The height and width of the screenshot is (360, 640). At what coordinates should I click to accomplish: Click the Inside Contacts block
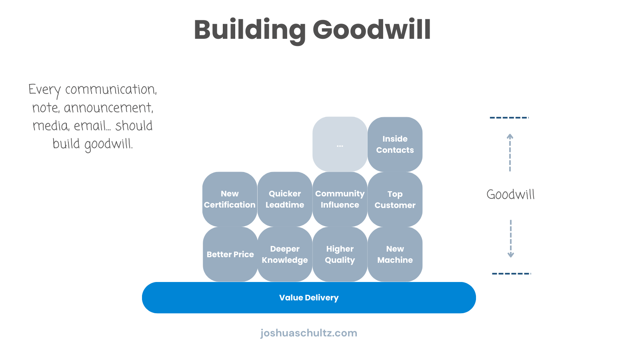pos(395,144)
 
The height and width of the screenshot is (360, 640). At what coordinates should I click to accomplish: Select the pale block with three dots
pos(340,144)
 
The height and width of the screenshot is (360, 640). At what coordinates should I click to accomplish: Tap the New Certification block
pos(230,199)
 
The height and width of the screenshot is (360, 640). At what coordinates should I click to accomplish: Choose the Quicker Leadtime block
pos(285,199)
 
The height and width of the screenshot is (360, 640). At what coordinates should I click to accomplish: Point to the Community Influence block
pos(340,199)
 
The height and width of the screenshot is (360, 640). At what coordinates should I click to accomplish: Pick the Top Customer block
pos(395,199)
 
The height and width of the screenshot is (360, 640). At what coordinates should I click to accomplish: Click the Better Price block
pos(230,254)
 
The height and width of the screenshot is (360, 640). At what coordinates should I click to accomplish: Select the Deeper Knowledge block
pos(285,254)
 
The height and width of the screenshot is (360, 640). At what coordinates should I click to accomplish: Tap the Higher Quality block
pos(340,254)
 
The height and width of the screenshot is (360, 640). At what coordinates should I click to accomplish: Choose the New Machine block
pos(395,254)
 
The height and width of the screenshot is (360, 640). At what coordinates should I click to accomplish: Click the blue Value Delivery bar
pos(309,298)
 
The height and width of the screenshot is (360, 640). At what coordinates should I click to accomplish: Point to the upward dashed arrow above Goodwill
pos(510,152)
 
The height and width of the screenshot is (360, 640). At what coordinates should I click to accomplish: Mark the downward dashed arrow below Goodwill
pos(511,238)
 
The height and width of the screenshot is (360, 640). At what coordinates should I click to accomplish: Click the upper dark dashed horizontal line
pos(509,118)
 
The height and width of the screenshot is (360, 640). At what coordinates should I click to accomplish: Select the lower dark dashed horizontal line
pos(511,274)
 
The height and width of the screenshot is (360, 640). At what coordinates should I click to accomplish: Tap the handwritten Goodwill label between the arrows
pos(510,195)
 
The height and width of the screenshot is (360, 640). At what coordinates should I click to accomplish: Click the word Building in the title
pos(250,30)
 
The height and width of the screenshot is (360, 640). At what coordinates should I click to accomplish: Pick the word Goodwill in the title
pos(372,30)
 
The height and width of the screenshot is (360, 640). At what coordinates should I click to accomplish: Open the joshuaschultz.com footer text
pos(309,333)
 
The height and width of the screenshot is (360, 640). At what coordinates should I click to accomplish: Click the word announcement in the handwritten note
pos(108,108)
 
